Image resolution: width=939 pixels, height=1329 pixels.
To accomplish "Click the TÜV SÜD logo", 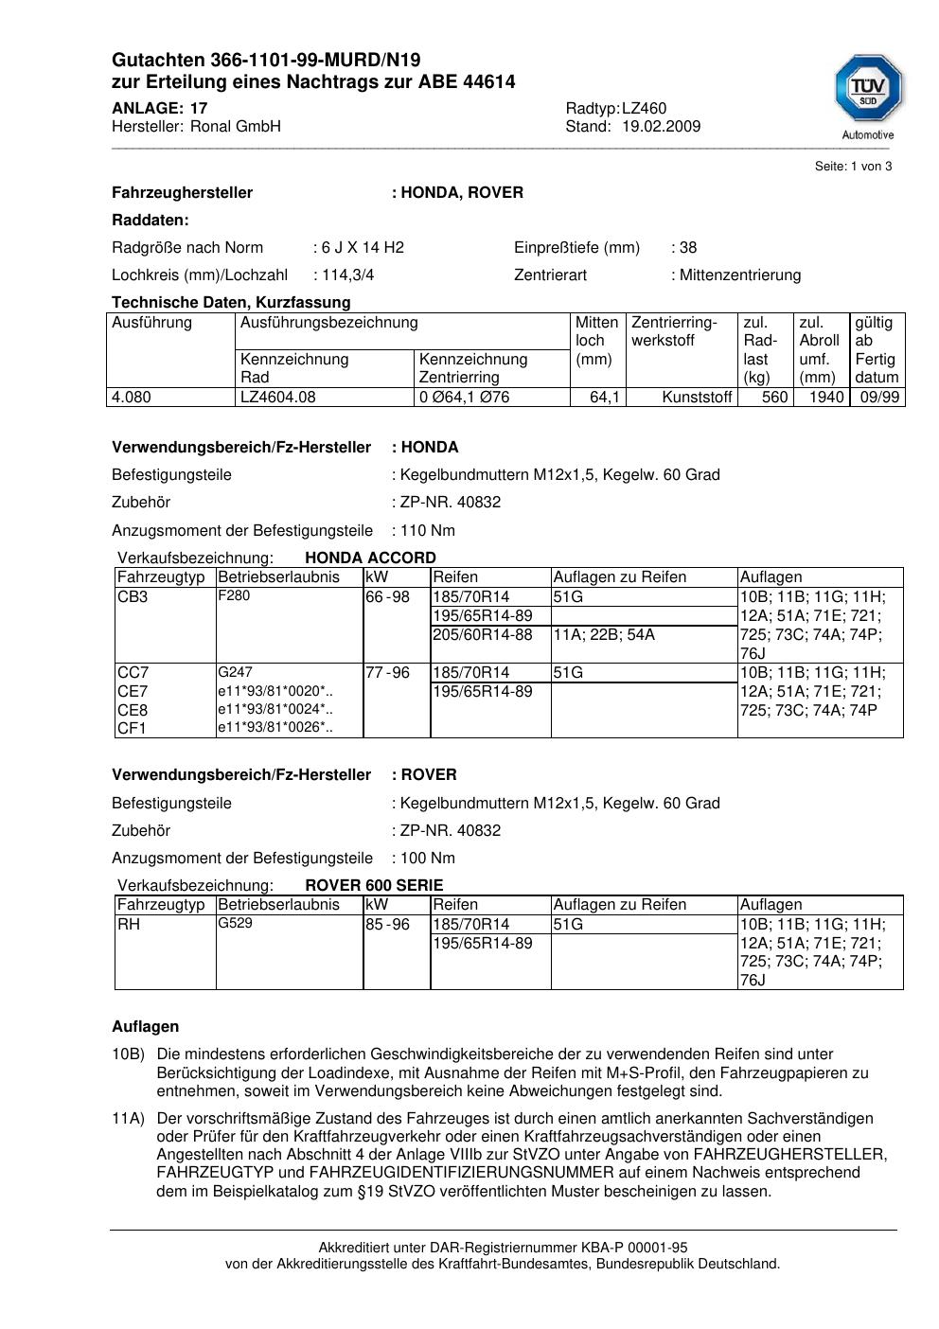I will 868,94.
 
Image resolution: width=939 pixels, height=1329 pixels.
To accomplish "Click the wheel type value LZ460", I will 644,108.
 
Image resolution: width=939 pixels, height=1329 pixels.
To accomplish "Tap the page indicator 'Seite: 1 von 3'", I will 853,167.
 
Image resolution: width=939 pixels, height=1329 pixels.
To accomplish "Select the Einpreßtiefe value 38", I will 687,247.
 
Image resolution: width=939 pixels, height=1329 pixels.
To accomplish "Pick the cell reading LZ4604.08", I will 277,397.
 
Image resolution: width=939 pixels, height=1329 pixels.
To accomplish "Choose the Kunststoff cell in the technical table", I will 697,397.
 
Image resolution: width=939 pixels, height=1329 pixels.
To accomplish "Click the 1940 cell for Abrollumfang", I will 825,397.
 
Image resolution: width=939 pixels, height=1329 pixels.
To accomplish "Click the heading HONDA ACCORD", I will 370,558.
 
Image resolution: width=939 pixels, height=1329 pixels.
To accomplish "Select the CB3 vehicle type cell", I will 133,596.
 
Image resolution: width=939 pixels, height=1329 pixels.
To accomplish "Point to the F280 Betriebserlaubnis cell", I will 234,595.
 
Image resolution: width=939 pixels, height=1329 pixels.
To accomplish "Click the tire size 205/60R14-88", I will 482,634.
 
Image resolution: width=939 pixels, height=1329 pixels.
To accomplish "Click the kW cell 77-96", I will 387,672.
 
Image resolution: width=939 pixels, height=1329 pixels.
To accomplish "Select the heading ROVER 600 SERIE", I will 374,885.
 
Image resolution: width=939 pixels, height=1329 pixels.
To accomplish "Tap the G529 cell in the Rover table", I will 235,923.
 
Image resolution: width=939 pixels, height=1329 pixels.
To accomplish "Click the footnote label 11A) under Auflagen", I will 128,1118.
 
